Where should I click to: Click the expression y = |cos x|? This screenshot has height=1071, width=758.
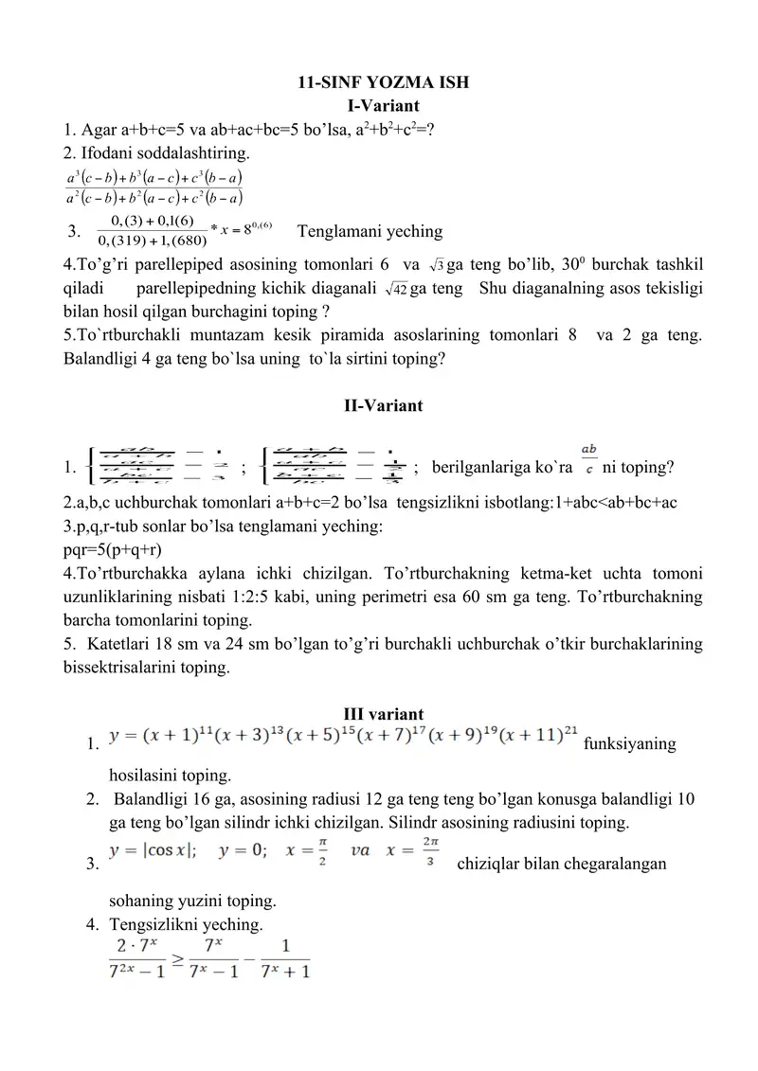pyautogui.click(x=153, y=849)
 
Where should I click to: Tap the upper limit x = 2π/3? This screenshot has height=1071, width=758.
pyautogui.click(x=418, y=850)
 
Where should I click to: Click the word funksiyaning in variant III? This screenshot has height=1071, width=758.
pyautogui.click(x=630, y=744)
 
